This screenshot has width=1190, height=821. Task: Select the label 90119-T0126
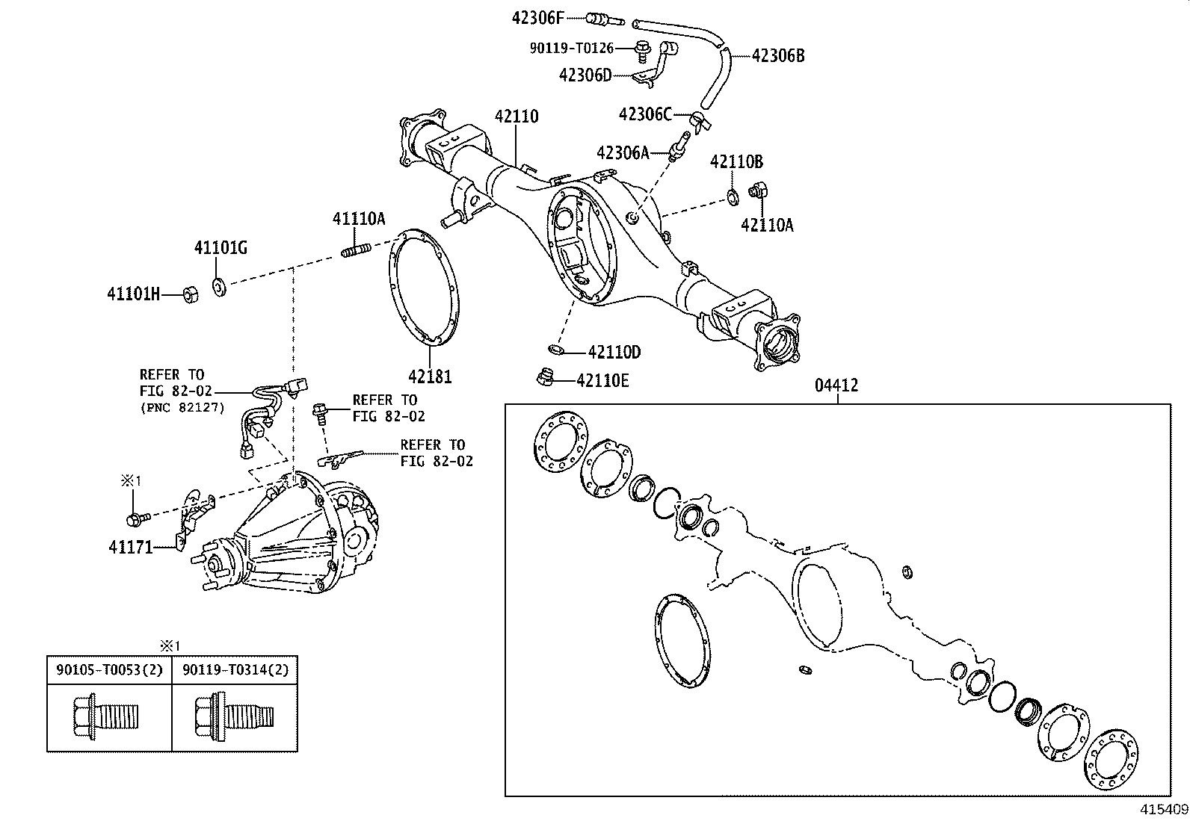571,49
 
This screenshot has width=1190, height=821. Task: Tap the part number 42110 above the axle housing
516,117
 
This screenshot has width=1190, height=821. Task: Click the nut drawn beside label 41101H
191,294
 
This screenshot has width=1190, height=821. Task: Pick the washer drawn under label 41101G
220,285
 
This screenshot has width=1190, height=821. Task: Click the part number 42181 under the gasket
430,377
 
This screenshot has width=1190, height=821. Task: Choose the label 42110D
614,352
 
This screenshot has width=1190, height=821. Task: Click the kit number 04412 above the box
836,386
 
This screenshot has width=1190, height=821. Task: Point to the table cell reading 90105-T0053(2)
109,670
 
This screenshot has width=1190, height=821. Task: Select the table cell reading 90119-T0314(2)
235,670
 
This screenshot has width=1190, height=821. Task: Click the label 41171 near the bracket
131,548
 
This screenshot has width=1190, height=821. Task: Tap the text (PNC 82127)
182,408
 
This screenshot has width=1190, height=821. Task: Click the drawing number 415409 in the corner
1163,809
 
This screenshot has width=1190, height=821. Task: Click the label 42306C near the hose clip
645,114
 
